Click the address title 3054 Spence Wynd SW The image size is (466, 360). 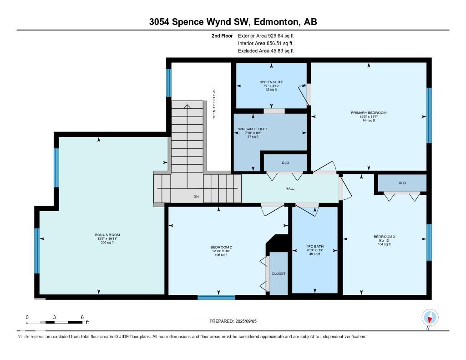233,22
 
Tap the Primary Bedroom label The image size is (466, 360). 368,113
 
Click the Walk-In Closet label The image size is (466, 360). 253,129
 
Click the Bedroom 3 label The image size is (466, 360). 384,237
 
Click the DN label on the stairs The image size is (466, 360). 196,197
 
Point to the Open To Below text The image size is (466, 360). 214,105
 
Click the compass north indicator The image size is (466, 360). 430,317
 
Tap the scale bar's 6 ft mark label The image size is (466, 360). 82,317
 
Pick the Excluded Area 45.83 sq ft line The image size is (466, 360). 266,51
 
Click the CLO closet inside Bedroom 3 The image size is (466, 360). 402,183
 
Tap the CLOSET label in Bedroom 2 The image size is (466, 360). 279,274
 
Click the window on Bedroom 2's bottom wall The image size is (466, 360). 216,297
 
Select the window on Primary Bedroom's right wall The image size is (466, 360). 429,115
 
